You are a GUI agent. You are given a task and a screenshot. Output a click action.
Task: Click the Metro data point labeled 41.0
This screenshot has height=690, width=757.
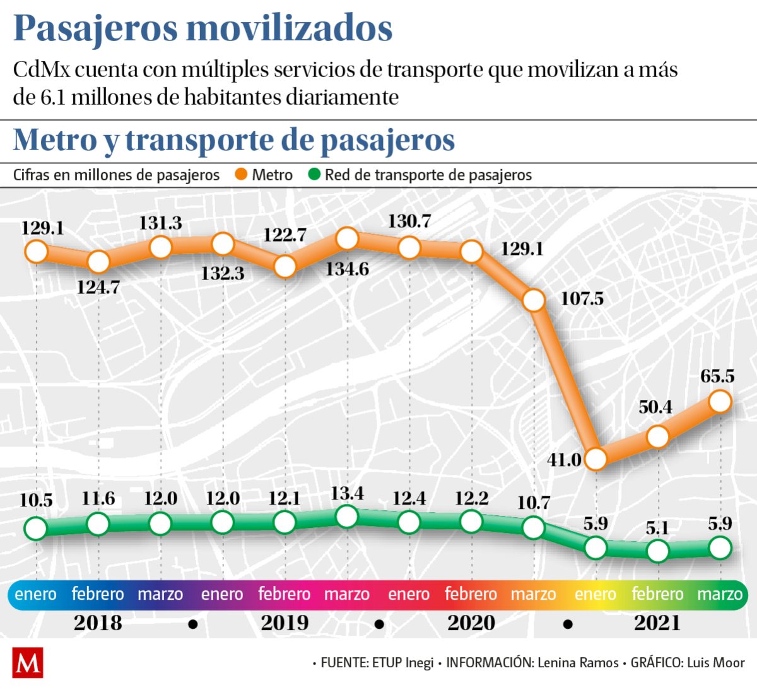(596, 458)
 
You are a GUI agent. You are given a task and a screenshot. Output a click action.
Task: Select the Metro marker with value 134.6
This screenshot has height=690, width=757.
(347, 238)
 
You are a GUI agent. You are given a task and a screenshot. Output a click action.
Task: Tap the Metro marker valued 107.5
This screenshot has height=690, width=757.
(534, 301)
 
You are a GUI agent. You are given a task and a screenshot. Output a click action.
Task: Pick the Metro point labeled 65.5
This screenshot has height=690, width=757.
(720, 401)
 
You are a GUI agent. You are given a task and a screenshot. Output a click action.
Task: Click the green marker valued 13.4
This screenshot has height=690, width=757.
(347, 517)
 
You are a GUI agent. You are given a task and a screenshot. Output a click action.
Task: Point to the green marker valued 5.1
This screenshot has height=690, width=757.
(658, 551)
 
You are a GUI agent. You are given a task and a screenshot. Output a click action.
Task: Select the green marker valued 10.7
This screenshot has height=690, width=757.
(534, 527)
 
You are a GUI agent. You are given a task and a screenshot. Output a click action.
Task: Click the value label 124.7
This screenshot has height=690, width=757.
(98, 288)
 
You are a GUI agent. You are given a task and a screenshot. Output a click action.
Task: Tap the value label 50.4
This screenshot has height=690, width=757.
(655, 407)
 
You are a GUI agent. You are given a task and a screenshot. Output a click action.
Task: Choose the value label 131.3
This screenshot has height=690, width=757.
(161, 223)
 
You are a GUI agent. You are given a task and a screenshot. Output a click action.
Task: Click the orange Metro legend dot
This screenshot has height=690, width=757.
(240, 175)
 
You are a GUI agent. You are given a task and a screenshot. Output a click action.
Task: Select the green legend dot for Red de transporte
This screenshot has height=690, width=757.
(314, 175)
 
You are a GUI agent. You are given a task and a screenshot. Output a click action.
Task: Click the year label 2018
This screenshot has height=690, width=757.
(98, 623)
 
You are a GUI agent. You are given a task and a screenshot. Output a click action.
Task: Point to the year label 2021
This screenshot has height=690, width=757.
(657, 623)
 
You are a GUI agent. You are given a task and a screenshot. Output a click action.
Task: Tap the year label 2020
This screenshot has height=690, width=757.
(471, 623)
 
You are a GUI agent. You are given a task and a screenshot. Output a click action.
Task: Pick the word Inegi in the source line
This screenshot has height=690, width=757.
(419, 663)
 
